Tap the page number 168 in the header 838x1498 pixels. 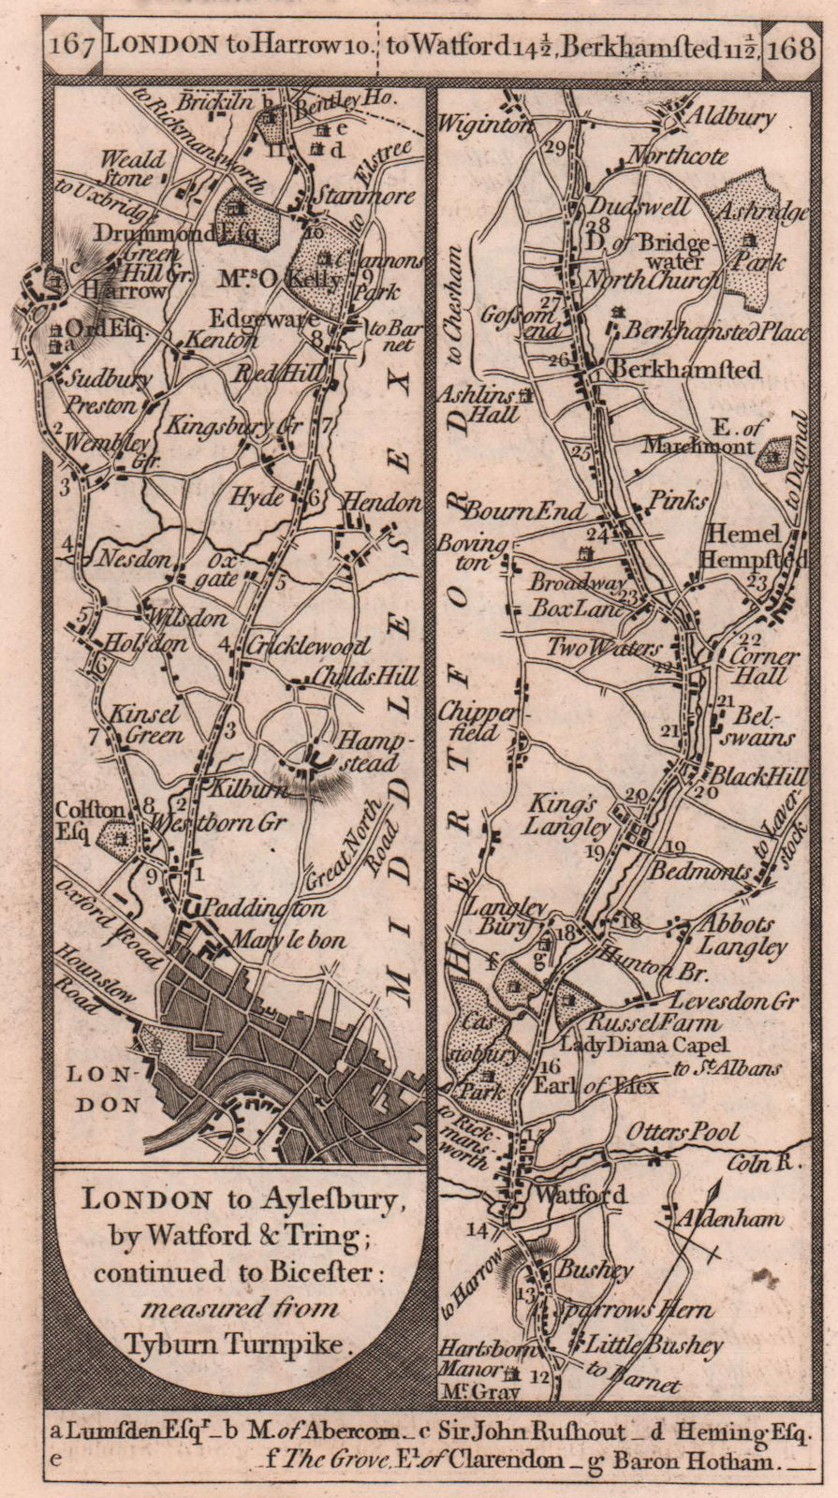(x=792, y=47)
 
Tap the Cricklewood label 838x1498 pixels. (x=309, y=646)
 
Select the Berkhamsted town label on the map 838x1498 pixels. (x=684, y=370)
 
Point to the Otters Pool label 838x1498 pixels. (x=696, y=1131)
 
